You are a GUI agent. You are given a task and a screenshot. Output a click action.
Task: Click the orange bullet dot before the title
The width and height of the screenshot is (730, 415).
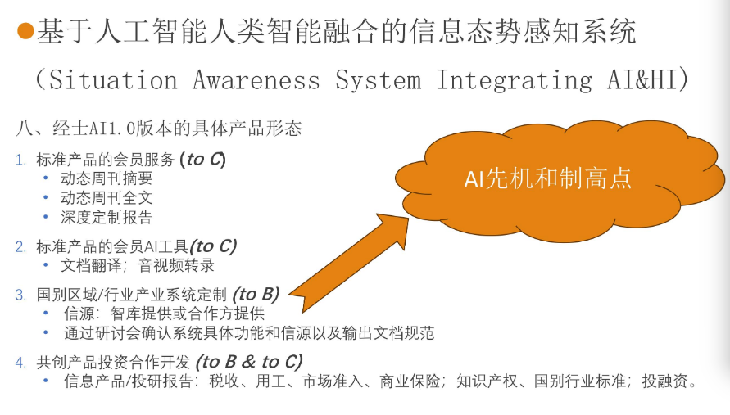pyautogui.click(x=25, y=33)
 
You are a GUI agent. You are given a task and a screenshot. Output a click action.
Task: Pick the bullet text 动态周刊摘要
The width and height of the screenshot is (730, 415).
pyautogui.click(x=107, y=178)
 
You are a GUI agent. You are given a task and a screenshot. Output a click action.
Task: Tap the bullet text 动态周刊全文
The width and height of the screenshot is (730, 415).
pyautogui.click(x=107, y=197)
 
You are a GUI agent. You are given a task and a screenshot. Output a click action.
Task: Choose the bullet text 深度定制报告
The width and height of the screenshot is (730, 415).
pyautogui.click(x=107, y=217)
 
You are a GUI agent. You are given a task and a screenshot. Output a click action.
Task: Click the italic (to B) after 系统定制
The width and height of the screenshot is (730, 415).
pyautogui.click(x=256, y=295)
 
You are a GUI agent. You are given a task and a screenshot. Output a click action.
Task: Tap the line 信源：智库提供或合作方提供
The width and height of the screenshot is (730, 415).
pyautogui.click(x=164, y=314)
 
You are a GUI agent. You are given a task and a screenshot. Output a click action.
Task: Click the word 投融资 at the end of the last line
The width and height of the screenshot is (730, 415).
pyautogui.click(x=667, y=381)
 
